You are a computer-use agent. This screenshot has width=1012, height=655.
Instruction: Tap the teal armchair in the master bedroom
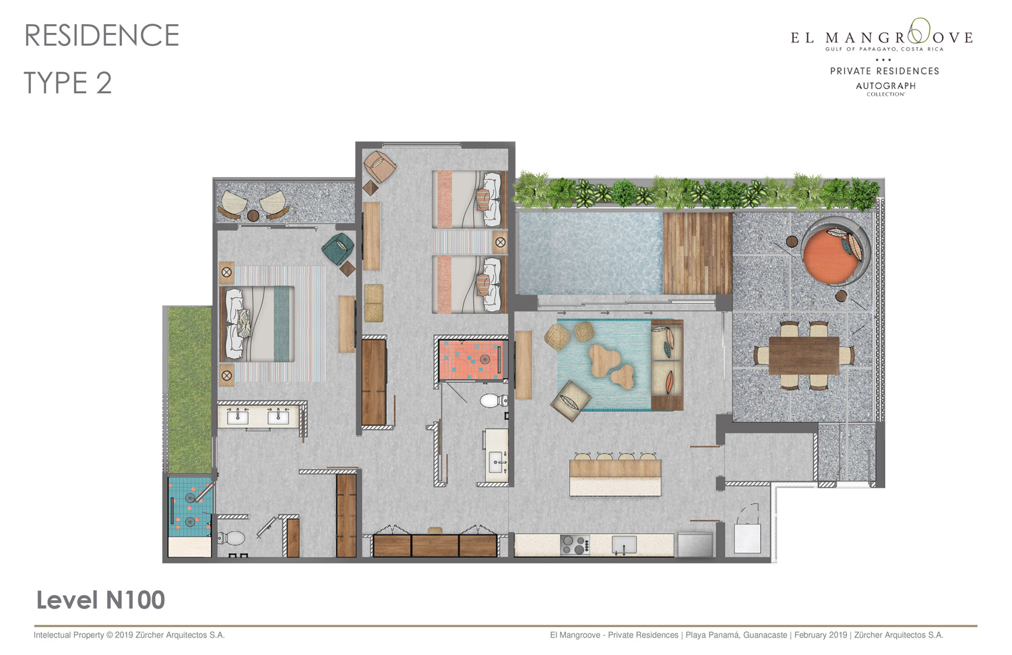(338, 247)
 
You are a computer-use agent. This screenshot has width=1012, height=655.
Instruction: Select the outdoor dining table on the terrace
(804, 356)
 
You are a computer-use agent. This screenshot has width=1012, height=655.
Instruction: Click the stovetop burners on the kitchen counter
(575, 544)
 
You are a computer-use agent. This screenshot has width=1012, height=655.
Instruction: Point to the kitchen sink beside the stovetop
(624, 544)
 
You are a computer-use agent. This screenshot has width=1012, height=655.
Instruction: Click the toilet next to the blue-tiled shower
(231, 538)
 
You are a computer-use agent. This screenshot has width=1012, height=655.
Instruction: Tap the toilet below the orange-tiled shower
(493, 400)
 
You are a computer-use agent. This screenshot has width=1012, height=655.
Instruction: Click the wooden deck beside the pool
(697, 253)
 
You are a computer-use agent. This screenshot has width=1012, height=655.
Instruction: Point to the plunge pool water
(590, 253)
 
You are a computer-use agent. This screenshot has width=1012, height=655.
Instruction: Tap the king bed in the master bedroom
(257, 324)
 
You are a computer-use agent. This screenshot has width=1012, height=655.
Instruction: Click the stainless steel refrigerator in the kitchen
(695, 544)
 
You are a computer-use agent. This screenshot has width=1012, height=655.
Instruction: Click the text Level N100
(100, 600)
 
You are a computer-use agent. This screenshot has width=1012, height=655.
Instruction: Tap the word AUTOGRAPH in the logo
(885, 86)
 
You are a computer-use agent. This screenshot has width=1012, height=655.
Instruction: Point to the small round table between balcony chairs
(253, 216)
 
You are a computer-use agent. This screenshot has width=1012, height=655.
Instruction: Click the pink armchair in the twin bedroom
(379, 166)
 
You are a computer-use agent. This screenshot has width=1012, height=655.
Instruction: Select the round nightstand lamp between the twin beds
(500, 242)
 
